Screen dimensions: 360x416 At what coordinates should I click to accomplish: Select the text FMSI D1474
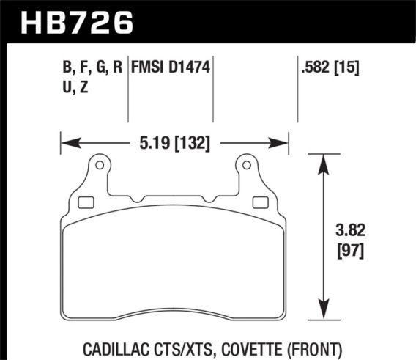pos(171,68)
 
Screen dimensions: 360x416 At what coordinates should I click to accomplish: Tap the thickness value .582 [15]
pos(330,68)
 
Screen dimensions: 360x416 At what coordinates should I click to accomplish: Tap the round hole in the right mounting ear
pos(247,167)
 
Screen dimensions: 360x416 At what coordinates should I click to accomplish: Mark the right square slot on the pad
pos(259,203)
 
